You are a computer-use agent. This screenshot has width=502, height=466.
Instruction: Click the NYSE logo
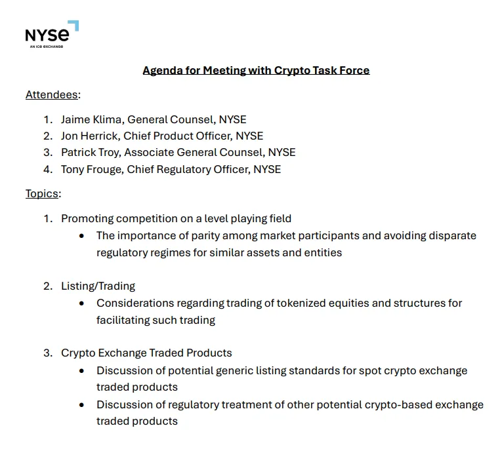(51, 34)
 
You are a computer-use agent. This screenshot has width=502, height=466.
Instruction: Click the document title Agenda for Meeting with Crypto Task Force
(256, 70)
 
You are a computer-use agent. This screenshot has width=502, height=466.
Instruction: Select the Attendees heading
(52, 94)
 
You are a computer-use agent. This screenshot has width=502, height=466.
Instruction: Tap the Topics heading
(42, 193)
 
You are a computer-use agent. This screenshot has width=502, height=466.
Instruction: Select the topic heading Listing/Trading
(98, 286)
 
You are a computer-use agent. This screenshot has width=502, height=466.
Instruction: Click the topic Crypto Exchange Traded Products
(146, 353)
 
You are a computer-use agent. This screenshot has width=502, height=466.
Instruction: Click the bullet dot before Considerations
(81, 303)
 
